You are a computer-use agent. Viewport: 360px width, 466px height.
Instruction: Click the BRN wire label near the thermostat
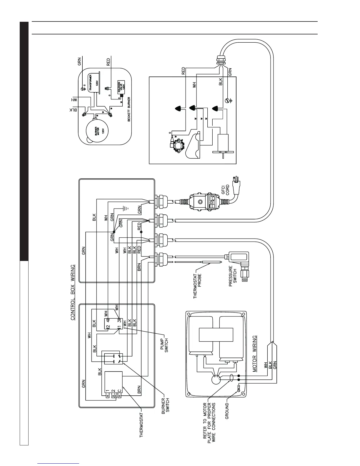(x=139, y=390)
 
